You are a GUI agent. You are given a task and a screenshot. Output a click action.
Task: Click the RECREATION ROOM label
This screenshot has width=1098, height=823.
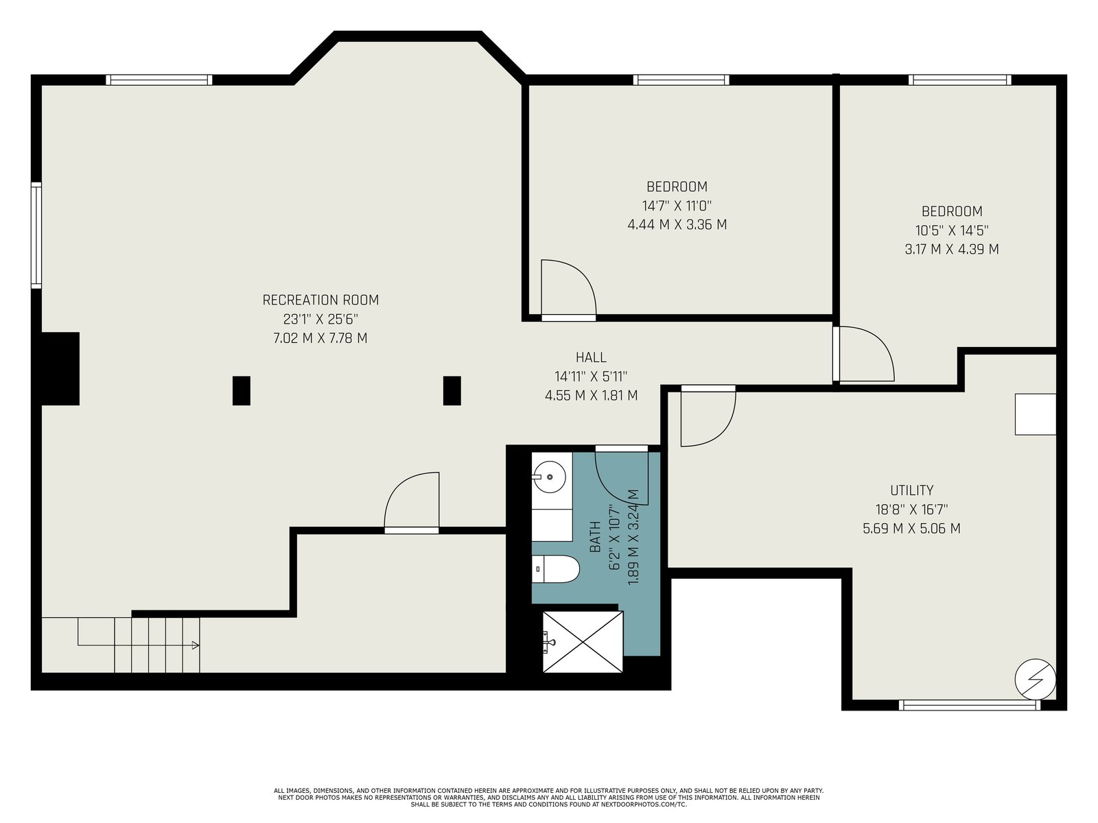click(x=320, y=300)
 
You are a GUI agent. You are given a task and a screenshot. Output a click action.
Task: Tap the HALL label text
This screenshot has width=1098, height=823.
click(x=591, y=357)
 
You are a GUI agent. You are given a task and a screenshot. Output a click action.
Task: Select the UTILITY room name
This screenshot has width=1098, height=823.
click(x=911, y=490)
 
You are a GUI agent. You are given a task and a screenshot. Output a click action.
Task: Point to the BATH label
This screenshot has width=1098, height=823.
click(x=595, y=537)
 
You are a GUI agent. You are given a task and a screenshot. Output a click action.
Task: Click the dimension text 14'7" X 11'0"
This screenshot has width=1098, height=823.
click(x=677, y=205)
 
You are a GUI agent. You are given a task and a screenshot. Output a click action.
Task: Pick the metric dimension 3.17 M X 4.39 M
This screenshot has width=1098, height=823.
click(x=951, y=249)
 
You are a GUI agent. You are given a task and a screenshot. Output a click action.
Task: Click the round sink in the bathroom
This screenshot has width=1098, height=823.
click(x=549, y=477)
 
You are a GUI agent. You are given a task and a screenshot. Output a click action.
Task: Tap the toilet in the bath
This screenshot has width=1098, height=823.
click(x=555, y=569)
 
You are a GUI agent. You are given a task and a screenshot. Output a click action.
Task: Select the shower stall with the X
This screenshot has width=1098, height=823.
click(x=583, y=642)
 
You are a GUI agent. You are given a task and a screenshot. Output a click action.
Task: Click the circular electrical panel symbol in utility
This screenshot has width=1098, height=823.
click(x=1035, y=680)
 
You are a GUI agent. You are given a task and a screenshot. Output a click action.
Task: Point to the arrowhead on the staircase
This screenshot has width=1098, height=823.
click(x=196, y=645)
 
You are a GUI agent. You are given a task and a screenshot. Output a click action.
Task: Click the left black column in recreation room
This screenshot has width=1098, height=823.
click(x=241, y=390)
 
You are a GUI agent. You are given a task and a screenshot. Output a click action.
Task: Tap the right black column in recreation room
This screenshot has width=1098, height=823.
click(x=452, y=390)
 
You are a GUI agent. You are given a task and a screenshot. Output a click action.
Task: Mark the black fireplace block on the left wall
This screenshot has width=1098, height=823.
click(x=60, y=369)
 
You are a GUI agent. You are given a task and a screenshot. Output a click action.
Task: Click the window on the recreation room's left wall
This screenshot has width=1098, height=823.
click(x=36, y=235)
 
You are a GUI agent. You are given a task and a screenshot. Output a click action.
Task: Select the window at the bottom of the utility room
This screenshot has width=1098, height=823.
click(x=970, y=705)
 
